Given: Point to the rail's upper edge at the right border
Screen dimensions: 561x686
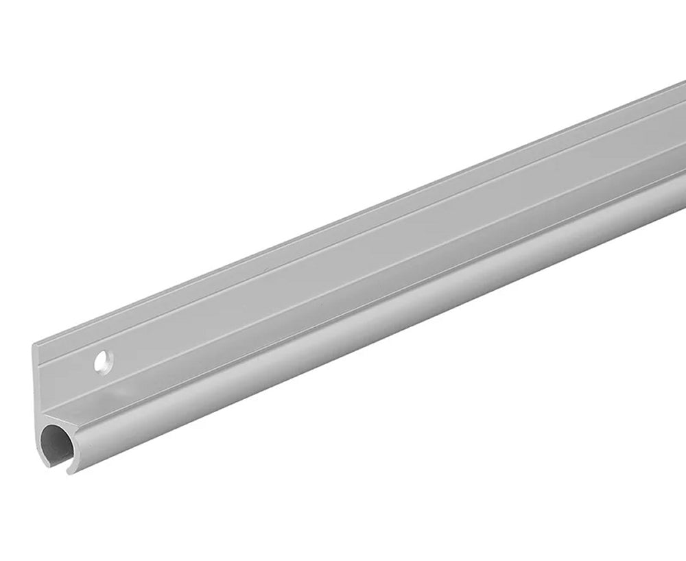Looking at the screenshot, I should pos(683,84).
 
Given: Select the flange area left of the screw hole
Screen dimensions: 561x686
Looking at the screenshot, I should pos(65,374).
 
